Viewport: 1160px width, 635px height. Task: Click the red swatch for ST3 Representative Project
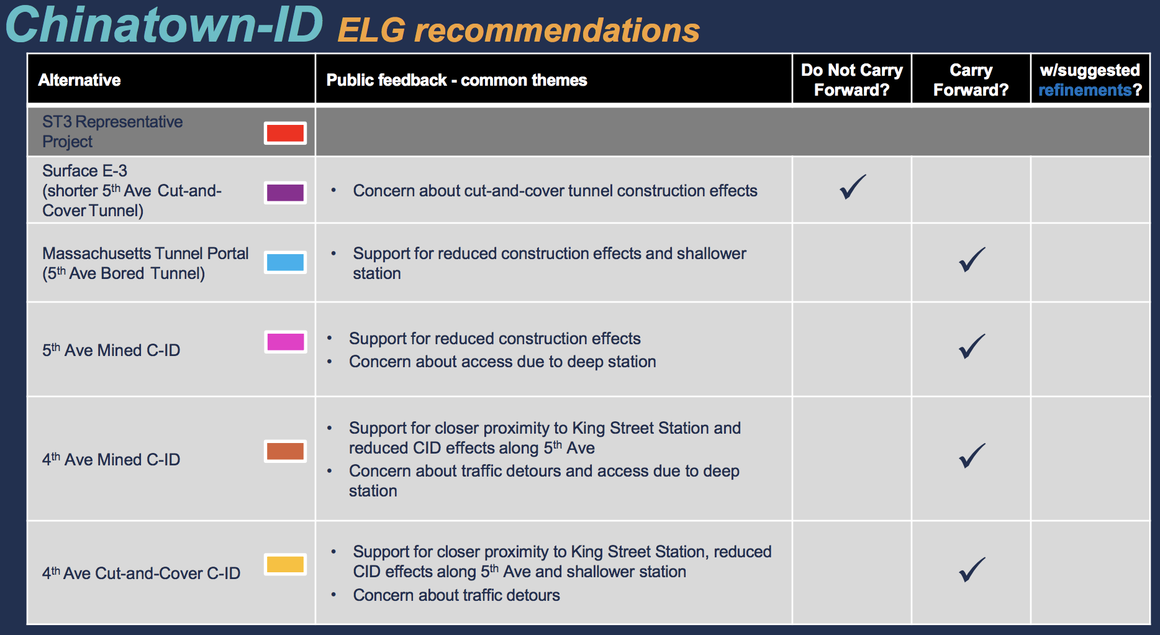[x=285, y=133]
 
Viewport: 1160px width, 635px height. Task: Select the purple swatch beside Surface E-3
[x=285, y=193]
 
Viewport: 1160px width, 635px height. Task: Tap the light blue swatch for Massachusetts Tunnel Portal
[x=285, y=262]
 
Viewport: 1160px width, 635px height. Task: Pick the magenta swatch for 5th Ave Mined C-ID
[x=285, y=342]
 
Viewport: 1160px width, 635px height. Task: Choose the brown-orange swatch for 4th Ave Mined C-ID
[x=285, y=450]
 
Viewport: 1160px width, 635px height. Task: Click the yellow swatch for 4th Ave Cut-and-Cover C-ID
[x=285, y=564]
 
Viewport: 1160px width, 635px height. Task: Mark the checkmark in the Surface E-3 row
[x=853, y=186]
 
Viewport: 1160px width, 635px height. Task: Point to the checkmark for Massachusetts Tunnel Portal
[x=972, y=260]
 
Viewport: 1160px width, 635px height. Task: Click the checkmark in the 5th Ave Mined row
[x=972, y=346]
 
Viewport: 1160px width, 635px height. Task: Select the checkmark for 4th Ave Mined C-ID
[x=972, y=455]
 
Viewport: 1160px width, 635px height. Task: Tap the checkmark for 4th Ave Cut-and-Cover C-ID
[x=972, y=569]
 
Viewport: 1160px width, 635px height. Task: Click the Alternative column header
[x=79, y=80]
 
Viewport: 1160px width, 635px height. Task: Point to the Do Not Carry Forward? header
[x=852, y=80]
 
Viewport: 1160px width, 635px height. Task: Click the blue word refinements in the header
[x=1085, y=90]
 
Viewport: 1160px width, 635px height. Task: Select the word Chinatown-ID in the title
[x=165, y=25]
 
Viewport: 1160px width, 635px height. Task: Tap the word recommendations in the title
[x=557, y=30]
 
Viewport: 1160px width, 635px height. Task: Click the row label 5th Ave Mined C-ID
[x=111, y=350]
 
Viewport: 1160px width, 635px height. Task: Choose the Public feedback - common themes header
[x=456, y=80]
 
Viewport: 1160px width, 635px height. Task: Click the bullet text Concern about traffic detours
[x=456, y=595]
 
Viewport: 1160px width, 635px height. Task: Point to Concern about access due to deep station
[x=502, y=362]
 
